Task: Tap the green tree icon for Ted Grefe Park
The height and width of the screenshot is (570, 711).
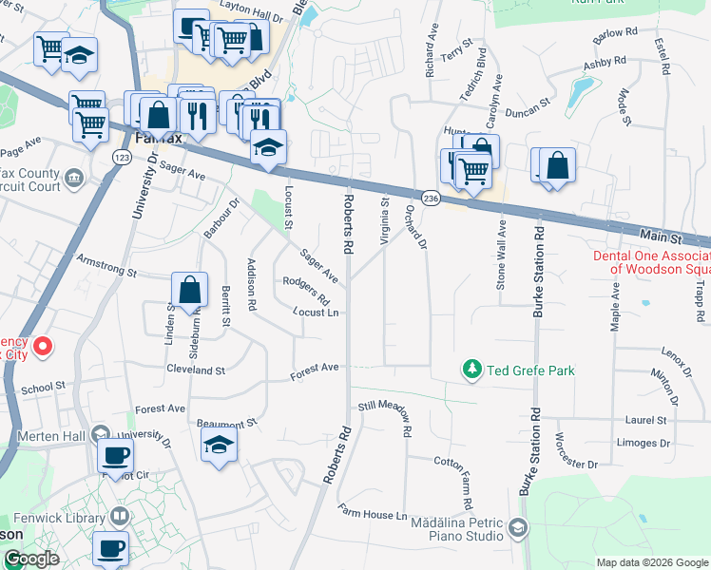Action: coord(471,368)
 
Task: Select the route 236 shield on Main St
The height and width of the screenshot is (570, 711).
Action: coord(431,198)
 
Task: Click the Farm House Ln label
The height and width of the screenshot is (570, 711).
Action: coord(374,515)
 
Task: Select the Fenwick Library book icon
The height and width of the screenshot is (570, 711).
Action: coord(120,516)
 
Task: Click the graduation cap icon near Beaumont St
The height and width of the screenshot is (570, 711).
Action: coord(219,444)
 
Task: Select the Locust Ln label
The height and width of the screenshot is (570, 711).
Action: coord(316,312)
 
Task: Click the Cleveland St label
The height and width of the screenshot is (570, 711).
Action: coord(195,370)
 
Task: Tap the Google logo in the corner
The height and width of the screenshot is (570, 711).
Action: coord(30,559)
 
